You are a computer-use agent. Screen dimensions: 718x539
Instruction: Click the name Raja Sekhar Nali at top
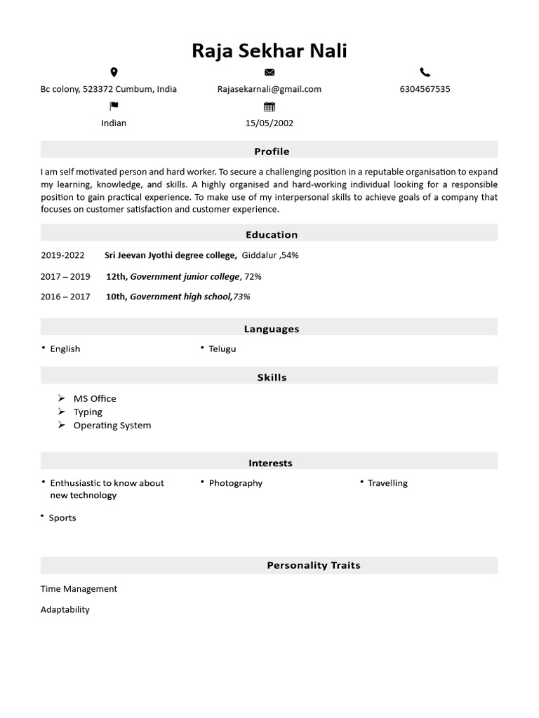point(269,51)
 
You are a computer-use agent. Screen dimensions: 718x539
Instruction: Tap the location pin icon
point(114,72)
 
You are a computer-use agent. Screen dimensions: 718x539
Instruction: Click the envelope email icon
point(269,72)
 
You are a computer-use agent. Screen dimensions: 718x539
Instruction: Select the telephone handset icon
point(425,72)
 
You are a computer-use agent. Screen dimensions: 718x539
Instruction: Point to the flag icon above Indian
point(114,106)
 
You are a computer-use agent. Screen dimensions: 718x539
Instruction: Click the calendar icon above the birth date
point(269,107)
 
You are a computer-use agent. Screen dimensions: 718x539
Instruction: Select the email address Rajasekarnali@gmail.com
point(269,89)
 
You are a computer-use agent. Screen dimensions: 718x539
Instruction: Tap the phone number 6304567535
point(425,89)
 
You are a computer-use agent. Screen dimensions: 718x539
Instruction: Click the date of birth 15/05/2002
point(269,123)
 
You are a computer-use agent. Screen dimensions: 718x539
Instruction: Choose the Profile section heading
point(272,151)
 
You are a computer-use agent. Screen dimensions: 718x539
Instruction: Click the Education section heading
point(272,235)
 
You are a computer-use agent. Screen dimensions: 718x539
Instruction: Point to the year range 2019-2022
point(62,256)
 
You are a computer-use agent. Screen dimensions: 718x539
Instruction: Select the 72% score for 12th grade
point(253,277)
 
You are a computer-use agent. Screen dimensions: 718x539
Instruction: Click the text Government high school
point(180,297)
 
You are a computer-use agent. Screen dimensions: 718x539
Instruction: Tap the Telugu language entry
point(222,349)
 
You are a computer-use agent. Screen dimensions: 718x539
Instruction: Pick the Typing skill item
point(88,412)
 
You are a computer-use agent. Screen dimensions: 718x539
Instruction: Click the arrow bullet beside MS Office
point(62,398)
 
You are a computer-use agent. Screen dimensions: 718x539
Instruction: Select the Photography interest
point(236,483)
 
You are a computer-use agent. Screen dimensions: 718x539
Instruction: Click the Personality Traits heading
point(314,565)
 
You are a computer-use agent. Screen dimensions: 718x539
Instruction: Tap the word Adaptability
point(65,610)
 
